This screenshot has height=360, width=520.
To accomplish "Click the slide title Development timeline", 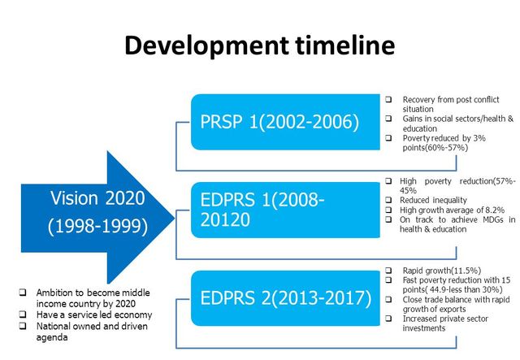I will (259, 46).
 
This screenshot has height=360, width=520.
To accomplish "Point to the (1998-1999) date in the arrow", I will (99, 226).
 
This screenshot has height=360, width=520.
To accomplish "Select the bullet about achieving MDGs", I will (450, 224).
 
